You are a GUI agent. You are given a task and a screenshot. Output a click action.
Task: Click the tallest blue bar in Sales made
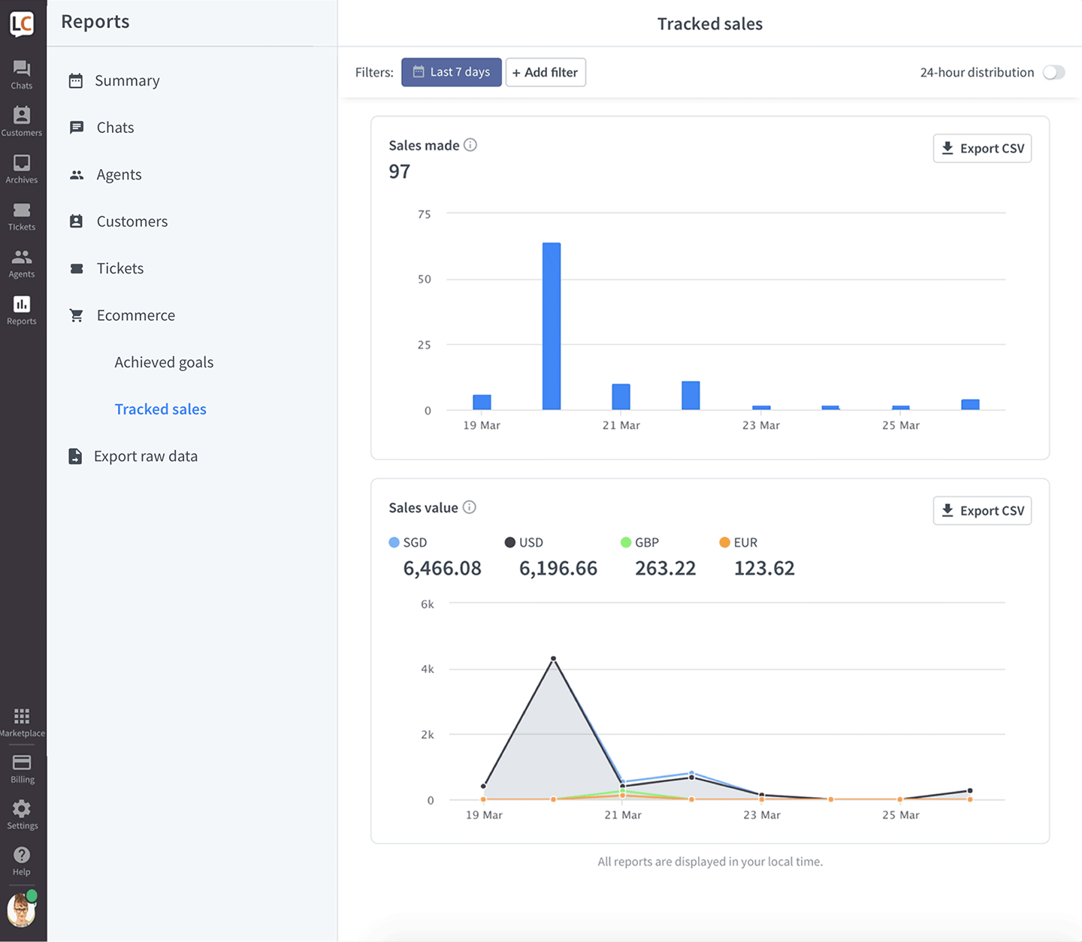tap(551, 326)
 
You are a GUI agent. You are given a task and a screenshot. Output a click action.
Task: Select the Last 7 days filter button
tap(451, 72)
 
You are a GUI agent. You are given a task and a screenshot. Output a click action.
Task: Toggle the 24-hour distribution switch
tap(1053, 72)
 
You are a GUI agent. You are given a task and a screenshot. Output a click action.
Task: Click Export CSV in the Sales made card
tap(982, 149)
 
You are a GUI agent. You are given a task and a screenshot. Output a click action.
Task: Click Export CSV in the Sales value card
tap(982, 511)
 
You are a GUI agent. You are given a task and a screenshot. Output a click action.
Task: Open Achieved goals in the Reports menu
tap(164, 362)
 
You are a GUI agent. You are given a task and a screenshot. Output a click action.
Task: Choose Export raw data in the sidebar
tap(146, 456)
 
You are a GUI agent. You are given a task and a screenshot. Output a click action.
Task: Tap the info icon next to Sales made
tap(470, 145)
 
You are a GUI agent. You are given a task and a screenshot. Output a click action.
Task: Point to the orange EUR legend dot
tap(724, 542)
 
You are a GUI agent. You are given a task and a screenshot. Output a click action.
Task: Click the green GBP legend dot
tap(626, 542)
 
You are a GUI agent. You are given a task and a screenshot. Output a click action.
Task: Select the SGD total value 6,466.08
tap(442, 568)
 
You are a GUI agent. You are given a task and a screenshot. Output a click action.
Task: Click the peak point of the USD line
tap(553, 659)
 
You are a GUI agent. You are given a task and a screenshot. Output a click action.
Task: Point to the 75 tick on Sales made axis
tap(424, 214)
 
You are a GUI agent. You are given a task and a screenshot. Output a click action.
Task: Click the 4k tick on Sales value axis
tap(428, 669)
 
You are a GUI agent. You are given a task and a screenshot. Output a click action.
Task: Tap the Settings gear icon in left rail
tap(22, 809)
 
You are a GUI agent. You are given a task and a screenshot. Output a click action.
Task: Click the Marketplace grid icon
tap(22, 717)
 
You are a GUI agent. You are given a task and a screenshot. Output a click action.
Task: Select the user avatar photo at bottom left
tap(21, 910)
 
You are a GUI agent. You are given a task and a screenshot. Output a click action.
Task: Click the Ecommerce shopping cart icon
tap(77, 316)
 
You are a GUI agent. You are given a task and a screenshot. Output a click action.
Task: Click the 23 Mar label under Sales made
tap(761, 425)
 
